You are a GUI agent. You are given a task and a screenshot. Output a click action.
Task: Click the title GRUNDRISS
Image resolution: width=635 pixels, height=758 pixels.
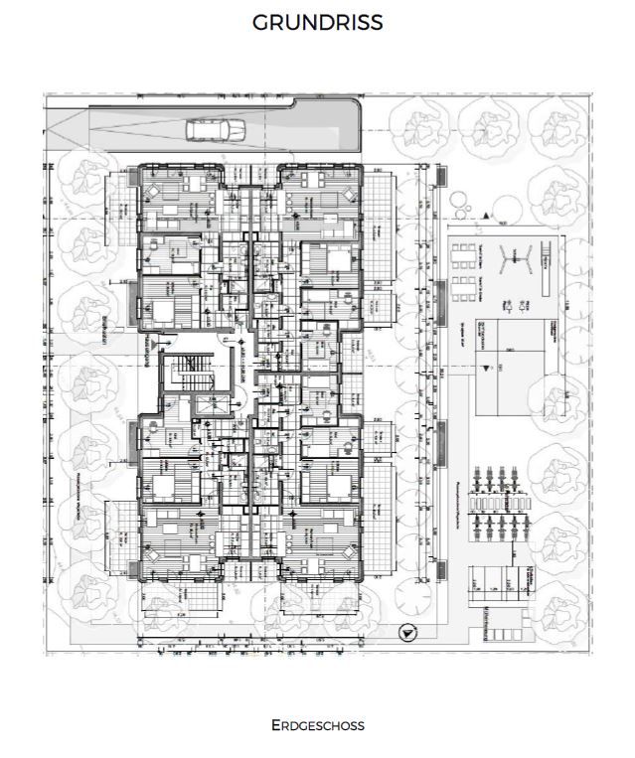317,23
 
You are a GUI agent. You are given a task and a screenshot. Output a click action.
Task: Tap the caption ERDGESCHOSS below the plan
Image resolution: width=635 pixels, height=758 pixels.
317,725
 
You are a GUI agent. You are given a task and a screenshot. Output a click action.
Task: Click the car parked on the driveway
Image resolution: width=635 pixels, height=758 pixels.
216,129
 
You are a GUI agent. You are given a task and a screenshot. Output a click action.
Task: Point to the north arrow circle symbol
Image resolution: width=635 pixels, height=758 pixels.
404,632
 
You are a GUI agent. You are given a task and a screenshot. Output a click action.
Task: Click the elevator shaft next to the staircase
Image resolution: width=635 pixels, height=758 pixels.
217,405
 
